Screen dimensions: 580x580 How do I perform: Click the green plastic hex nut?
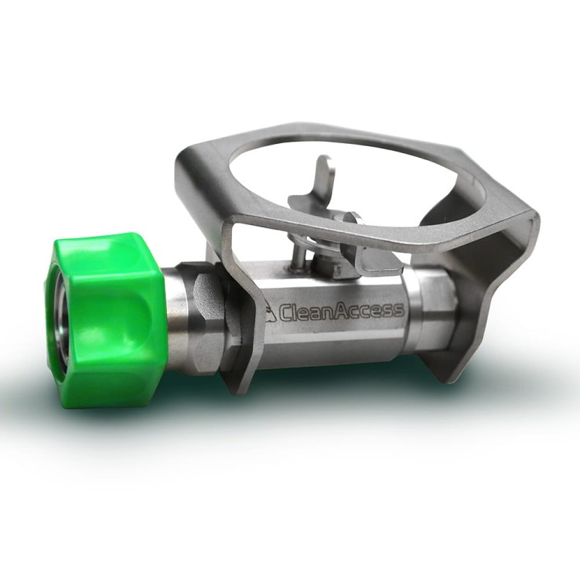coord(107,320)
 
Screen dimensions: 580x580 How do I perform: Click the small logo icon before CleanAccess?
coord(271,312)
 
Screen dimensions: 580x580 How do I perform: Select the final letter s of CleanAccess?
coord(397,310)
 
